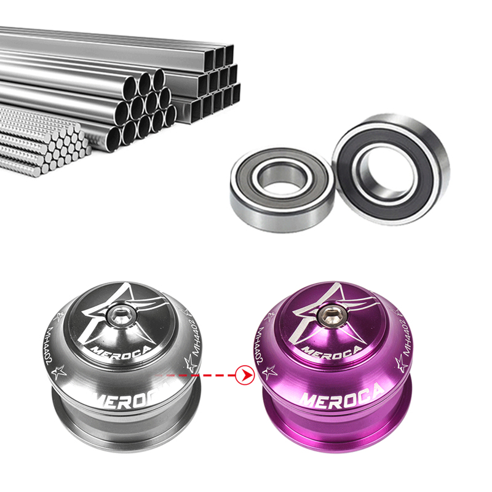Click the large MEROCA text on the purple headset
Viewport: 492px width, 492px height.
[x=341, y=394]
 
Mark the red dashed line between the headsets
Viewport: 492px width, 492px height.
[x=203, y=374]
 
